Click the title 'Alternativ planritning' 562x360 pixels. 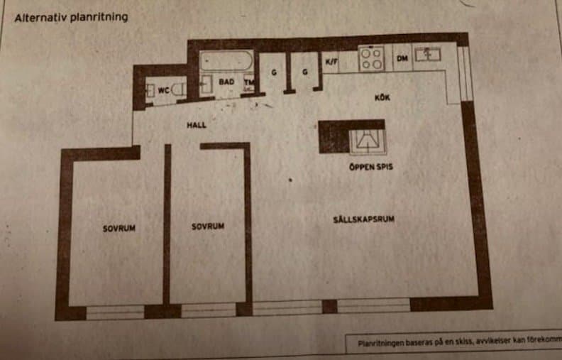coord(72,17)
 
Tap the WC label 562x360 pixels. coord(163,90)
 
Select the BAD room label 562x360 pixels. coord(226,82)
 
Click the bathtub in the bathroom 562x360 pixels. coord(226,62)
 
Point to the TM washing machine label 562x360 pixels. coord(249,82)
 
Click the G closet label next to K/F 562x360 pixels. coord(304,72)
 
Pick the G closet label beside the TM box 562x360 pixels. coord(273,72)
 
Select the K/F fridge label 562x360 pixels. coord(331,62)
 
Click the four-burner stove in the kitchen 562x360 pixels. coord(371,58)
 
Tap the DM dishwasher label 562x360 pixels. coord(402,58)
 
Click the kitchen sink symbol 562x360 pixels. coord(428,54)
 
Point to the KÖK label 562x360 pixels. coord(382,97)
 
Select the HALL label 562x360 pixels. coord(197,125)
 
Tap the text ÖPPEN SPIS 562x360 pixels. coord(370,168)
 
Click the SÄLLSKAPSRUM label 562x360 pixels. coord(363,219)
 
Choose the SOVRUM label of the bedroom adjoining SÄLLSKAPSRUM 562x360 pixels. coord(208,227)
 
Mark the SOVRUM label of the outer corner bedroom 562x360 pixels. coord(119,229)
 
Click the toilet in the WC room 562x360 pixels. coord(179,89)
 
